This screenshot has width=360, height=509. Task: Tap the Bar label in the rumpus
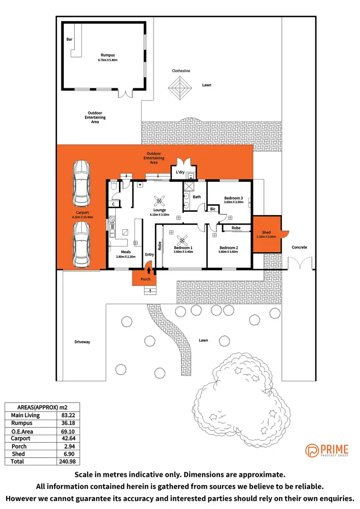(70, 40)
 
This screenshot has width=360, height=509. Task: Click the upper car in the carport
(81, 183)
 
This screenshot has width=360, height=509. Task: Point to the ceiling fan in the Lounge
(159, 201)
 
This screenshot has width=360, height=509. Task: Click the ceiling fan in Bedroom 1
(182, 240)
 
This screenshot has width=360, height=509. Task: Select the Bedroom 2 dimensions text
(228, 252)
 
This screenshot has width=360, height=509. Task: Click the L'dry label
(180, 172)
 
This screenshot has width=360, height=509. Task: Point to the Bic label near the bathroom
(213, 209)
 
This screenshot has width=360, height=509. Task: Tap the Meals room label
(126, 252)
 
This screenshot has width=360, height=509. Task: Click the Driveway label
(82, 342)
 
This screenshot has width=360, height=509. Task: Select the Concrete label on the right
(299, 248)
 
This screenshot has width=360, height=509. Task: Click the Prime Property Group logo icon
(312, 450)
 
